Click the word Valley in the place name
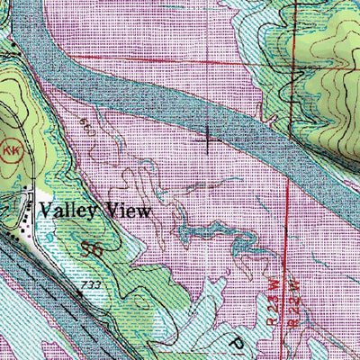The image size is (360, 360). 71,211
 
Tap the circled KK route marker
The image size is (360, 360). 11,148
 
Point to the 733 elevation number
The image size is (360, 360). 88,285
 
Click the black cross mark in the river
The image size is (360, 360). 208,139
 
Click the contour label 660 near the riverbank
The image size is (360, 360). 85,121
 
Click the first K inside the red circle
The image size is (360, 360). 7,148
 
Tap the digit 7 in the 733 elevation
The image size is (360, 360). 82,285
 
